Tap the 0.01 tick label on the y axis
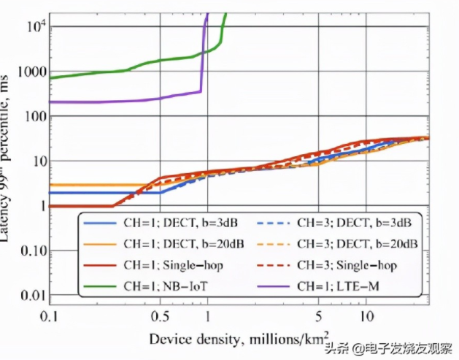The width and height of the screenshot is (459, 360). click(32, 295)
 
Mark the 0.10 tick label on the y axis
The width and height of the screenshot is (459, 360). click(32, 251)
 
